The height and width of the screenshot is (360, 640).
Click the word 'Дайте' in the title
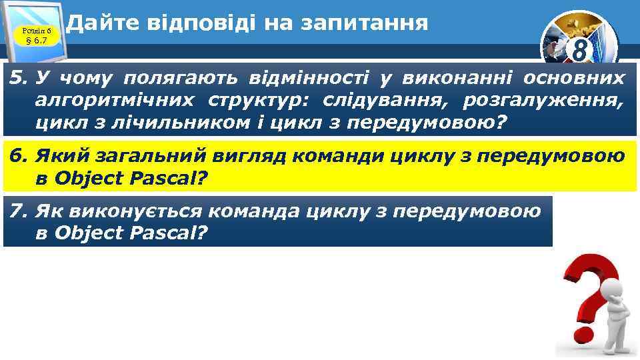coord(96,23)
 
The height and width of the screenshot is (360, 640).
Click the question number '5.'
coord(19,79)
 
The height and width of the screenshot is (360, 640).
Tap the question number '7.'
coord(19,211)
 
